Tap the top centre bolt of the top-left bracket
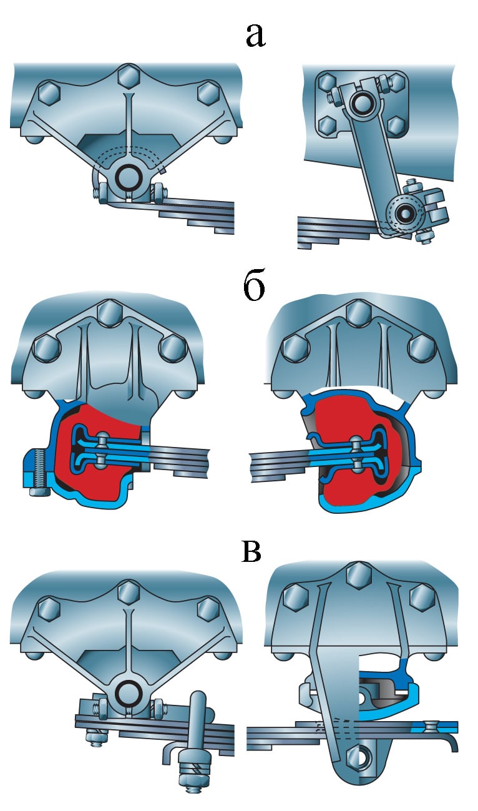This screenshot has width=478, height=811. (128, 77)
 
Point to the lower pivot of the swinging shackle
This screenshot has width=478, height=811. (406, 214)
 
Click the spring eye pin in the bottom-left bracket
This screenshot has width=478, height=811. (129, 692)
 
